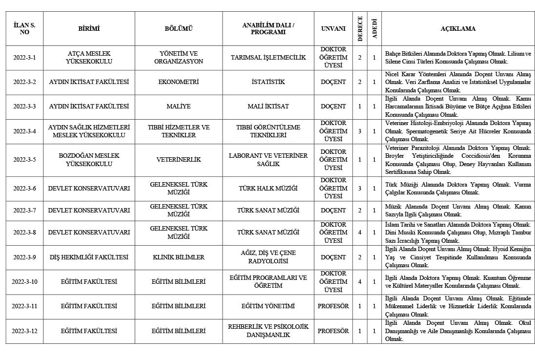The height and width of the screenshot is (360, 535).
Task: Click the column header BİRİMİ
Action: point(89,29)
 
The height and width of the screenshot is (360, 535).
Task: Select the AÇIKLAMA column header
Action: point(457,29)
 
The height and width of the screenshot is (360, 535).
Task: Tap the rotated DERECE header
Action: point(360,29)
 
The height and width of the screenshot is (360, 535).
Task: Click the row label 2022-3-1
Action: point(24,58)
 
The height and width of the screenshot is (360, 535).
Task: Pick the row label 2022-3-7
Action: point(24,211)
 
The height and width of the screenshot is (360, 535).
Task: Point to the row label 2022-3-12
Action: point(24,331)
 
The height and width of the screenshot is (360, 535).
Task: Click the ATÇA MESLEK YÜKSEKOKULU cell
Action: point(89,58)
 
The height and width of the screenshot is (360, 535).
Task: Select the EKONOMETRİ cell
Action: point(179,82)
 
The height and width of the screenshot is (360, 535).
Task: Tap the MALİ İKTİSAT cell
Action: point(268,106)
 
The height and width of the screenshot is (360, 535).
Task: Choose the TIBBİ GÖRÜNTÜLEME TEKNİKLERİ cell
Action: point(268,131)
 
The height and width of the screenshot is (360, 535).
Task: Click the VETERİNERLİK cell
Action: point(179,160)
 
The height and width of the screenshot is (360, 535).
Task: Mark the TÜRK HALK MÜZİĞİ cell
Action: point(268,189)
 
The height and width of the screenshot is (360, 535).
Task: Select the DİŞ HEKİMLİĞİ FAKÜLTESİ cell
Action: point(89,257)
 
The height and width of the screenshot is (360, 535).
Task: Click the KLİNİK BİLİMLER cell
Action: point(179,257)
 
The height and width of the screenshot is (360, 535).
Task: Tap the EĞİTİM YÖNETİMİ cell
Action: point(268,306)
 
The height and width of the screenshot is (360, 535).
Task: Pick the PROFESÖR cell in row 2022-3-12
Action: point(333,331)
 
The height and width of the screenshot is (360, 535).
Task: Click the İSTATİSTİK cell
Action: point(268,82)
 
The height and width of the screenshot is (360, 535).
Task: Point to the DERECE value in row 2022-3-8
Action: point(360,233)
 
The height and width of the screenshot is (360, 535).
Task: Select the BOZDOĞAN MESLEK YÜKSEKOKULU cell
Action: point(89,160)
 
